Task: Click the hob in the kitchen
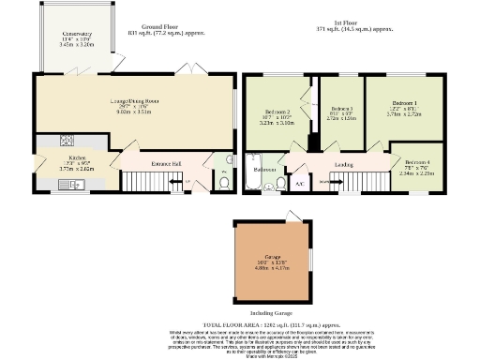click(68, 142)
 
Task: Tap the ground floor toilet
click(223, 184)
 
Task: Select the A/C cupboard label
click(298, 183)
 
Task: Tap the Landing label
click(342, 164)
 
